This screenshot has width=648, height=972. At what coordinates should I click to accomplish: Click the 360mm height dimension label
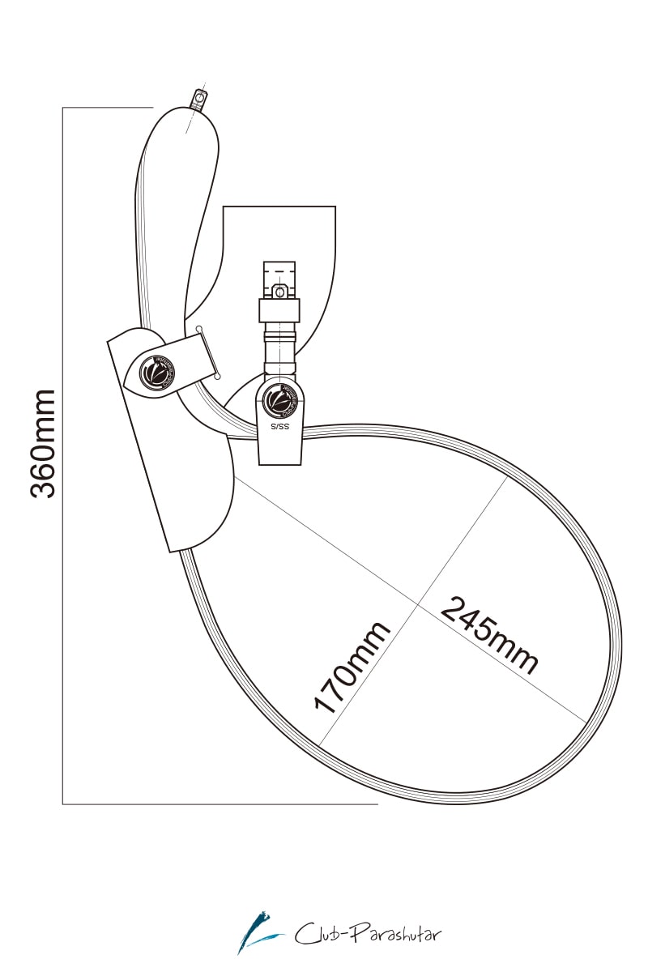pyautogui.click(x=43, y=443)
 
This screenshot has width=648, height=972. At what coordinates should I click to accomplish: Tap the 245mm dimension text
pyautogui.click(x=489, y=635)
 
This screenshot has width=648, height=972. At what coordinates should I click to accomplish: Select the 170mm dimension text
pyautogui.click(x=352, y=667)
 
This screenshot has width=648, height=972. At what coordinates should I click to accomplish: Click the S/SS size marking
pyautogui.click(x=279, y=424)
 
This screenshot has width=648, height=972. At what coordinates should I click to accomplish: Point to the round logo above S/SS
pyautogui.click(x=279, y=399)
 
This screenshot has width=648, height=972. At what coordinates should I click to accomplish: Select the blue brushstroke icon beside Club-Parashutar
pyautogui.click(x=259, y=932)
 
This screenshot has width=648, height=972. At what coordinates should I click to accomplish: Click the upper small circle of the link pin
pyautogui.click(x=199, y=328)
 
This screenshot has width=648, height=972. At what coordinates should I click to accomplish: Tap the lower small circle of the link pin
pyautogui.click(x=218, y=377)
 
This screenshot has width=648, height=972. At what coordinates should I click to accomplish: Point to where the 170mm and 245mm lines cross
pyautogui.click(x=419, y=603)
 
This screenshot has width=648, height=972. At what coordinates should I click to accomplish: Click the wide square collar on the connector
pyautogui.click(x=279, y=310)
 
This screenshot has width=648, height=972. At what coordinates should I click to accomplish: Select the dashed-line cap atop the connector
pyautogui.click(x=279, y=271)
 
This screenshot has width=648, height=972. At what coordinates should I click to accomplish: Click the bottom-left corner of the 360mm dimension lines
pyautogui.click(x=63, y=804)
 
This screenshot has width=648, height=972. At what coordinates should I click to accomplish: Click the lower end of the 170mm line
pyautogui.click(x=321, y=746)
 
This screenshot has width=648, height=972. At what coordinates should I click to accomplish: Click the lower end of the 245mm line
pyautogui.click(x=585, y=721)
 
